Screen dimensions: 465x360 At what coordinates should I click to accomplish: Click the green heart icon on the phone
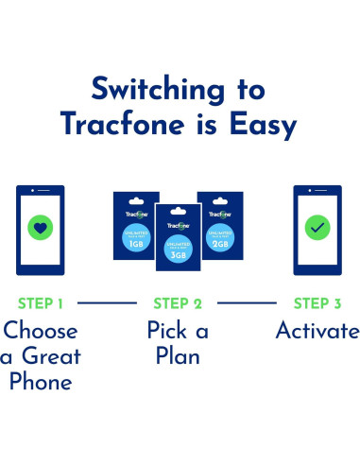(x=40, y=228)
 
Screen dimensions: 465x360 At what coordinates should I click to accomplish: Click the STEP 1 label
(x=41, y=304)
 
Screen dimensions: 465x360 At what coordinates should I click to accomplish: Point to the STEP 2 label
(x=178, y=304)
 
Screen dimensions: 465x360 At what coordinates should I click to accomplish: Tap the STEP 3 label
(x=317, y=304)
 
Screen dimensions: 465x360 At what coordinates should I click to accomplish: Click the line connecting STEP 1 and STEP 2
(x=108, y=304)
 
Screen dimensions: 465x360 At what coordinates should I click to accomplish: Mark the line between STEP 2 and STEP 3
(x=248, y=304)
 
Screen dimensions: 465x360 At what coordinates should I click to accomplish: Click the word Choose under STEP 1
(x=42, y=333)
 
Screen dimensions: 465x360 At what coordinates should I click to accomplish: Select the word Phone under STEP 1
(x=42, y=382)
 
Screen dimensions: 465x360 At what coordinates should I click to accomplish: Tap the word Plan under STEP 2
(x=179, y=357)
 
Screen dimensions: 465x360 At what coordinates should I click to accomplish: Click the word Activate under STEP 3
(x=317, y=332)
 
